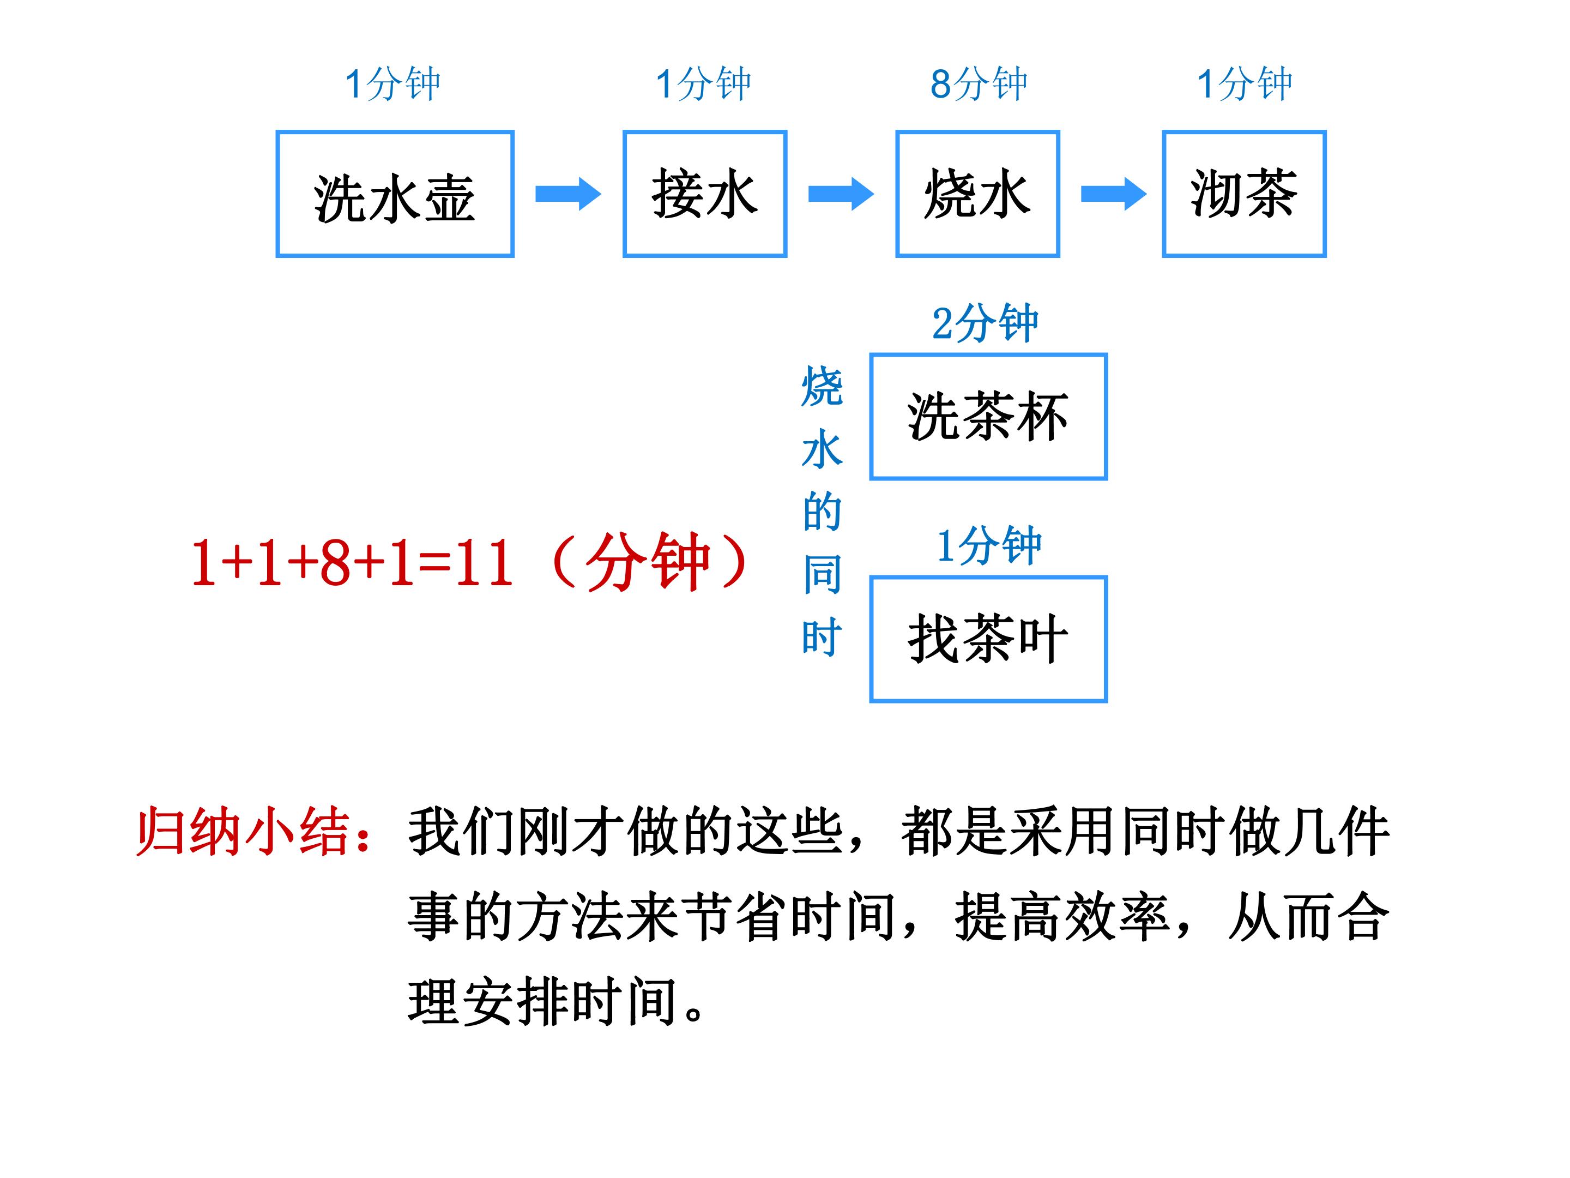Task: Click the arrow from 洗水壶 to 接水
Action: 568,194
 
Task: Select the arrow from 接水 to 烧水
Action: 841,194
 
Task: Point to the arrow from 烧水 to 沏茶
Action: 1114,194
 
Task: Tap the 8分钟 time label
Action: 979,84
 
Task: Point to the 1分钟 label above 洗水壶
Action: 392,84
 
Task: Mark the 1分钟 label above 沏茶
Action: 1244,84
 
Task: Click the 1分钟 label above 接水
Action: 703,84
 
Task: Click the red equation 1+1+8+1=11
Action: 352,562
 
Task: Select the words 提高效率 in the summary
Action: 1062,917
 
